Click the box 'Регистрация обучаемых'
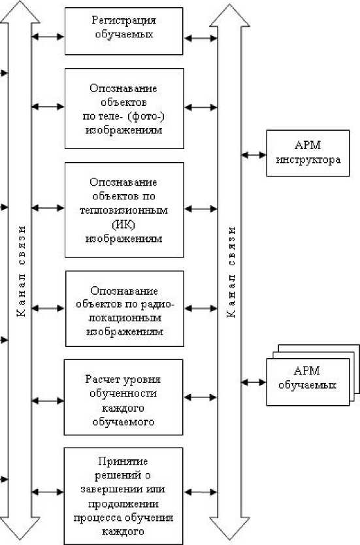(x=123, y=31)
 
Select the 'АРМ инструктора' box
(x=308, y=154)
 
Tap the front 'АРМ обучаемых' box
(x=308, y=382)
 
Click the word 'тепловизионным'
(x=123, y=210)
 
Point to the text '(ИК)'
(x=123, y=225)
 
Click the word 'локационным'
(x=124, y=318)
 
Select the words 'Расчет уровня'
(x=123, y=379)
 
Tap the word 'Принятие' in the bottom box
(x=123, y=461)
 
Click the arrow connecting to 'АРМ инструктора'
(x=254, y=155)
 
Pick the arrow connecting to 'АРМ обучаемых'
(x=254, y=382)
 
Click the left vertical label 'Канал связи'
(x=21, y=271)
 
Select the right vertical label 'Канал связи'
(x=231, y=272)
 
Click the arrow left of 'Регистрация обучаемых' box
(x=48, y=36)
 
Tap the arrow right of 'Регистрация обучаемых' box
(x=201, y=39)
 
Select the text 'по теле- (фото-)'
(x=124, y=117)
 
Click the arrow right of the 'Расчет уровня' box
(x=201, y=397)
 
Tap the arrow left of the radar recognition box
(x=48, y=308)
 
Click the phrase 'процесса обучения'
(x=123, y=518)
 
